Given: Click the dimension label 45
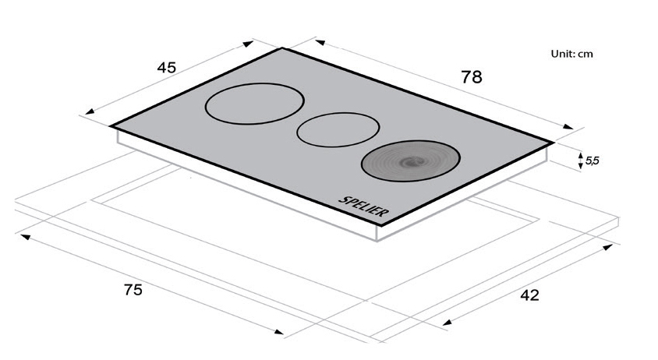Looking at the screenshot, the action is pos(167,68).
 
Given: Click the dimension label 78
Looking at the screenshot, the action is pos(471,77).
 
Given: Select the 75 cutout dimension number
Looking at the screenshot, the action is pos(133,290).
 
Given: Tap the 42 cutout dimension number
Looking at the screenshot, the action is pos(529,295).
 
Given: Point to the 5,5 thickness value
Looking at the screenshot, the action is pos(592,161).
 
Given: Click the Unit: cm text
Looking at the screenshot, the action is pos(571,54).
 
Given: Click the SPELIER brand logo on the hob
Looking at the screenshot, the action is pos(364,206).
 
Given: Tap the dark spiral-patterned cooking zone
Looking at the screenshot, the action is pos(411,161).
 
